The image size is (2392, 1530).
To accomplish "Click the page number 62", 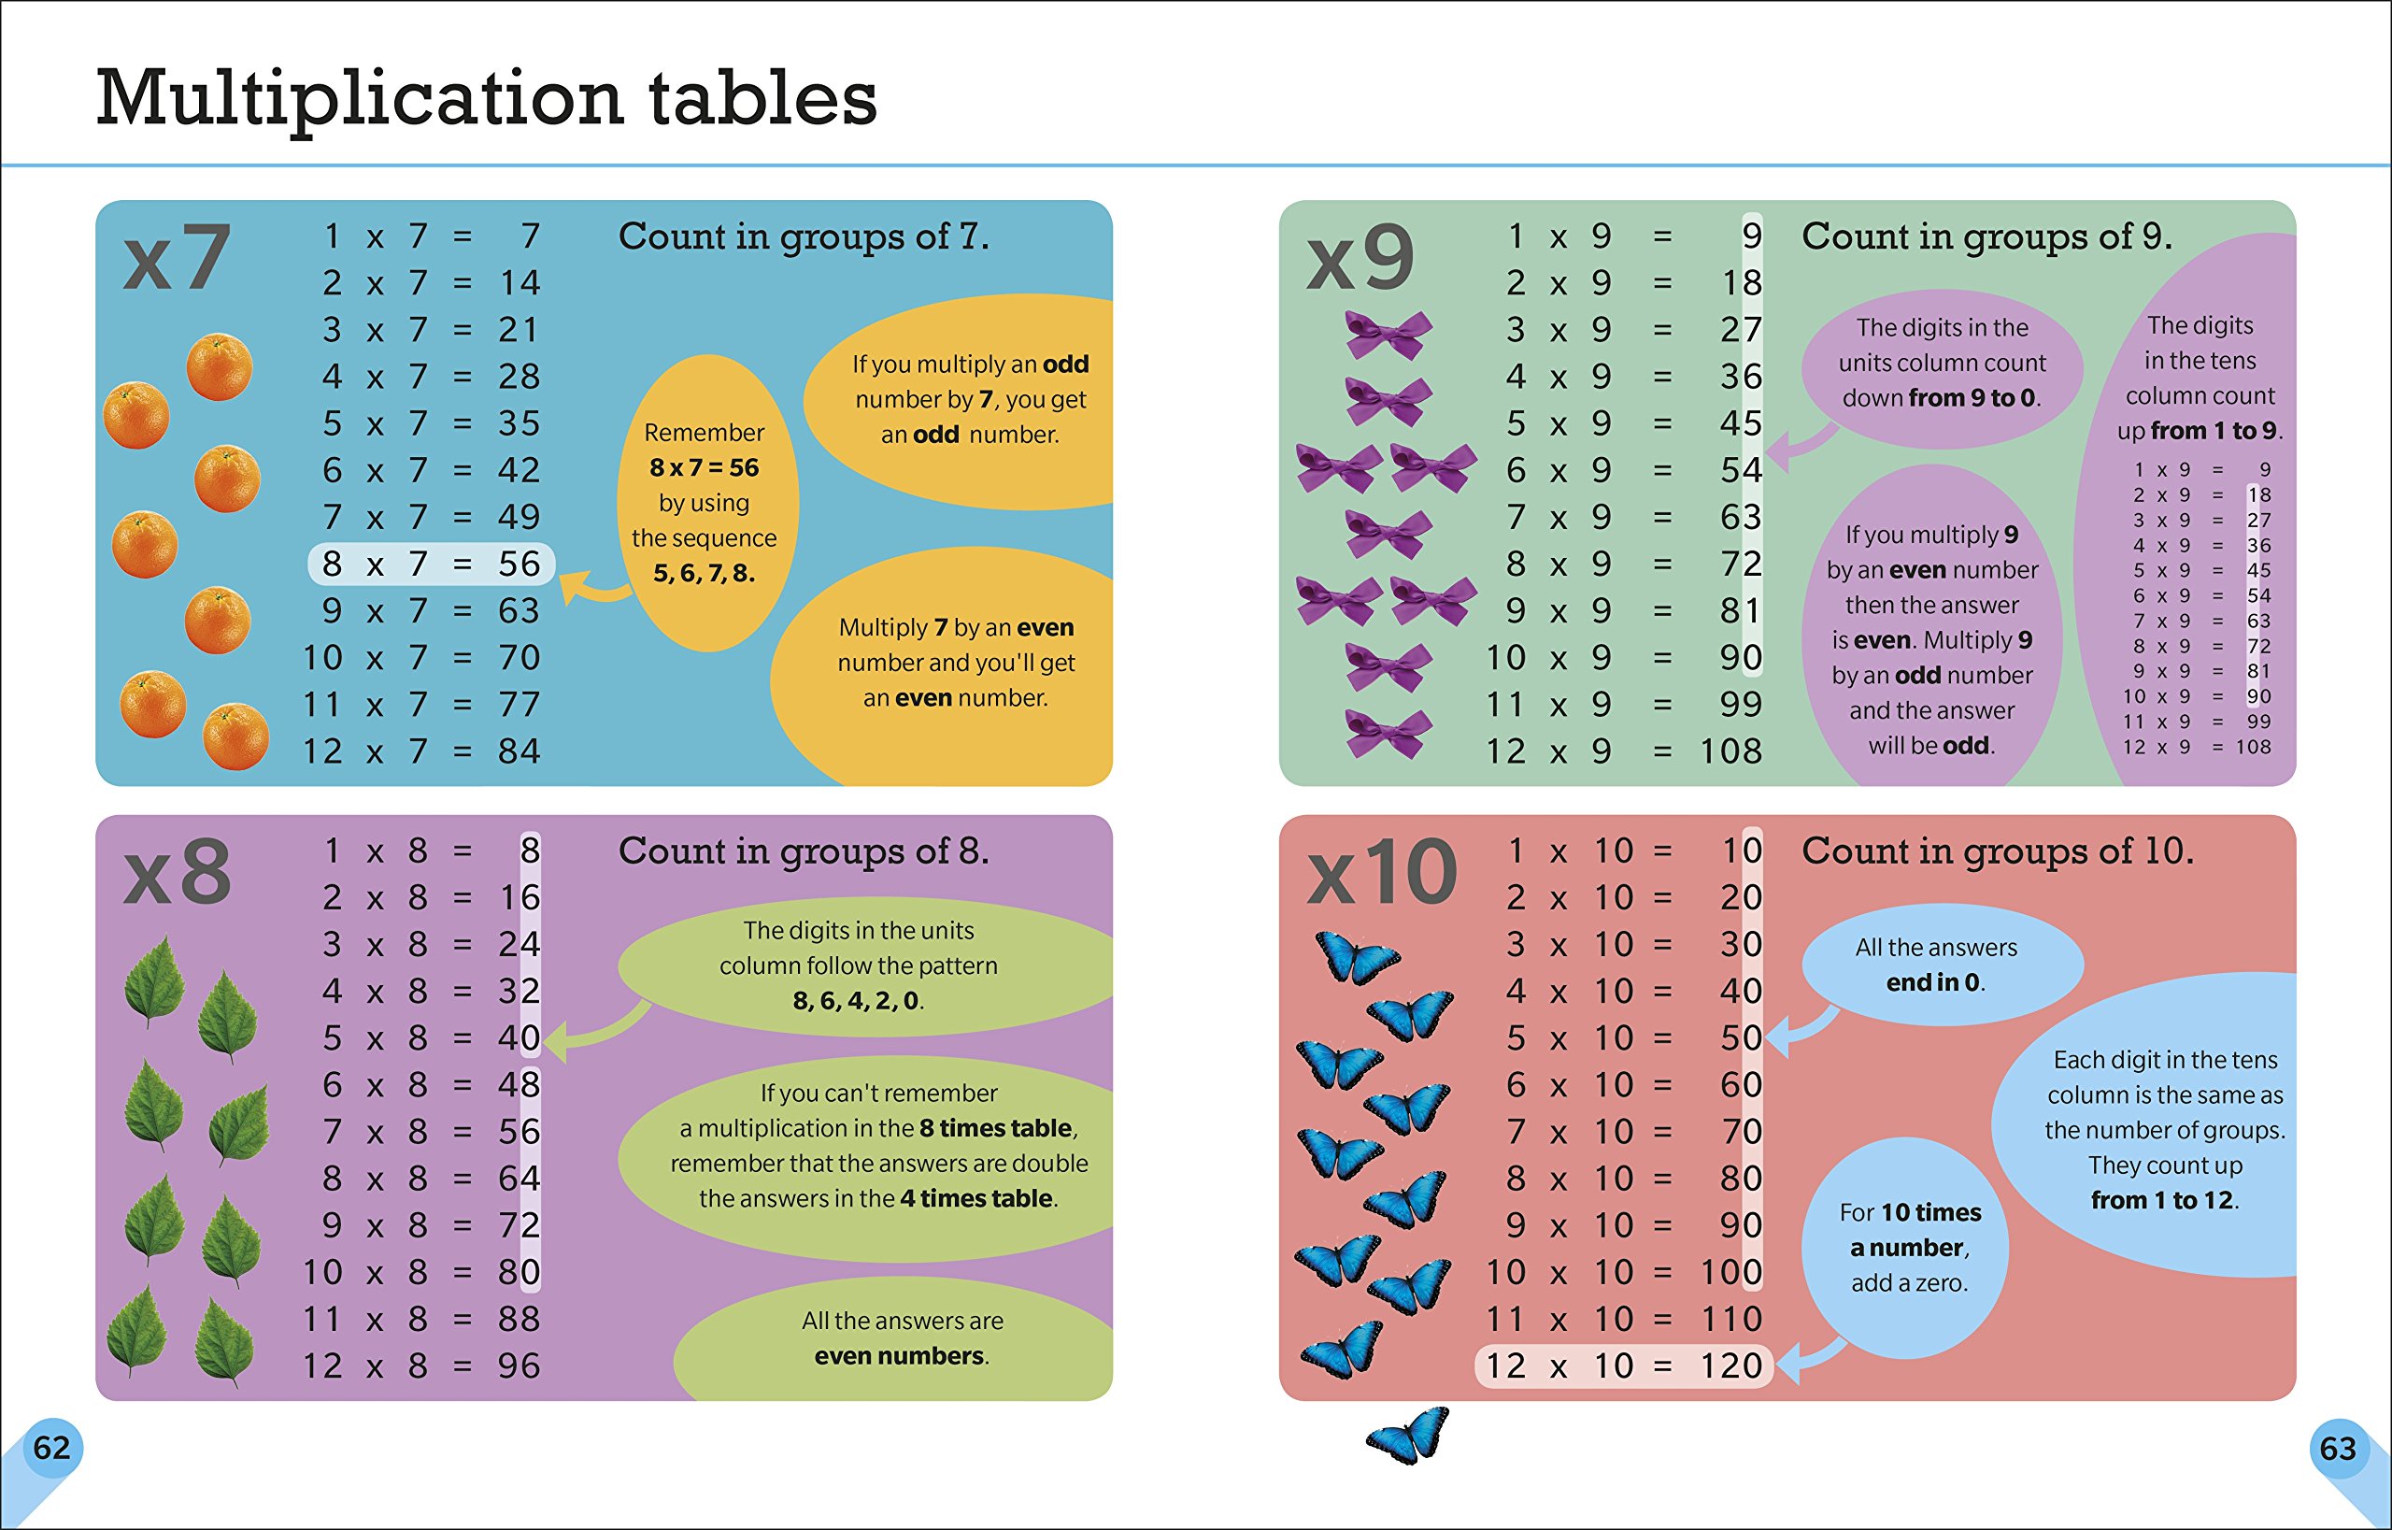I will point(51,1448).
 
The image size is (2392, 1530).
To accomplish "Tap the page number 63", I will point(2338,1449).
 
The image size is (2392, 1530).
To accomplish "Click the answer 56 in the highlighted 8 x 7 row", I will point(520,565).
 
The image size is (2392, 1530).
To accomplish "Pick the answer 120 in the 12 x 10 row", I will point(1730,1366).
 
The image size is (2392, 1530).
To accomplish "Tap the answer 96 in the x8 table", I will point(520,1366).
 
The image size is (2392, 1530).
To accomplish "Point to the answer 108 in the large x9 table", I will point(1730,752).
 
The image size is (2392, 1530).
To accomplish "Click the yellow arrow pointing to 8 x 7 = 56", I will point(594,587).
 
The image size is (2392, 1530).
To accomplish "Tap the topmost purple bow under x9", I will point(1388,335).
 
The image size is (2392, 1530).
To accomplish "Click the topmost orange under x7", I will point(219,366).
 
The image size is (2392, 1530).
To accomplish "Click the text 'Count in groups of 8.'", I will point(804,851).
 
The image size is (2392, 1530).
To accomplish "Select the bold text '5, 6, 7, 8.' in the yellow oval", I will point(705,573).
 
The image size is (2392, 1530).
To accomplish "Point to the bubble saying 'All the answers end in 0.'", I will point(1937,965).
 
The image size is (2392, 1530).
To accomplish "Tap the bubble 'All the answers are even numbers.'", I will point(902,1338).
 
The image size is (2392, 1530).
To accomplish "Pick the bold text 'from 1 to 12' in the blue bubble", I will point(2162,1200).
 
